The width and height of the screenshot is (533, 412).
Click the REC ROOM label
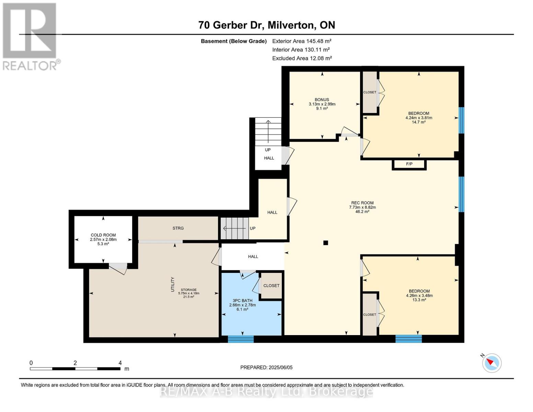(x=362, y=203)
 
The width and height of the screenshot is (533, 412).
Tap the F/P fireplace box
(x=409, y=164)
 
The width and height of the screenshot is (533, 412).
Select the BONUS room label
(x=322, y=100)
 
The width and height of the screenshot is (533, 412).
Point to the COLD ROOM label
(x=103, y=235)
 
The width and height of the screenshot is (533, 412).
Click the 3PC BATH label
(x=242, y=300)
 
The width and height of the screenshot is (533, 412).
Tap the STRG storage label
(x=178, y=228)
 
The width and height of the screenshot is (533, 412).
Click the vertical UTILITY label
(x=173, y=284)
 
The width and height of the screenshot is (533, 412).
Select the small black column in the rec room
(x=326, y=243)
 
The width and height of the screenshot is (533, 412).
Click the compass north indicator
(x=491, y=363)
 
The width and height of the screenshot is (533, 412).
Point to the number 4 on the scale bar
(x=120, y=363)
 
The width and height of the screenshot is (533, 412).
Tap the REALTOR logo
(x=30, y=36)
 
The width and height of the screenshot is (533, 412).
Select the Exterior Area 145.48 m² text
(x=302, y=41)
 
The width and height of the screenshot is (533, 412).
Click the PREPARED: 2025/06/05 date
(x=266, y=367)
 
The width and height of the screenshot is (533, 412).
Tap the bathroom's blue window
(x=241, y=339)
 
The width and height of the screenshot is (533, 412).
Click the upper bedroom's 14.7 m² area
(x=418, y=122)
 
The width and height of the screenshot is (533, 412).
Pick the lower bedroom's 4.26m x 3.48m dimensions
(x=419, y=296)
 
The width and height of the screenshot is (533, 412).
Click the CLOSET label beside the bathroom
(x=271, y=286)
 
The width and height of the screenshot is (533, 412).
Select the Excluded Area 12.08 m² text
(x=302, y=58)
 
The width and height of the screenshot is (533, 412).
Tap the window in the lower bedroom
(x=408, y=339)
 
